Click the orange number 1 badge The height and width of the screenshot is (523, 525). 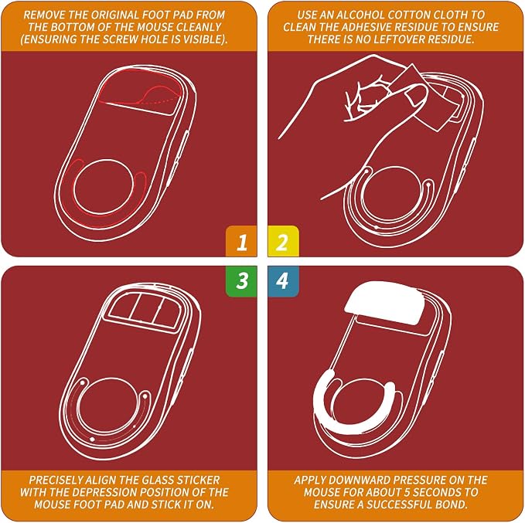point(242,241)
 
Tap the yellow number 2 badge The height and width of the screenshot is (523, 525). point(283,241)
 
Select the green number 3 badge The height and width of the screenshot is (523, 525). point(242,281)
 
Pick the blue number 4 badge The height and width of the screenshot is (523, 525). point(283,281)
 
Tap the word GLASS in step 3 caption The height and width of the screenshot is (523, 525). point(158,480)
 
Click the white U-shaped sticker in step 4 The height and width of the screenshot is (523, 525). point(353,426)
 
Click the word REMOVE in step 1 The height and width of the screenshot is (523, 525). point(43,15)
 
